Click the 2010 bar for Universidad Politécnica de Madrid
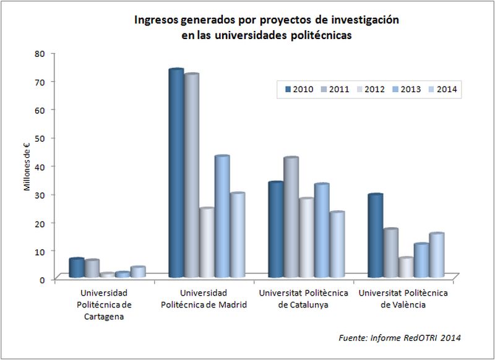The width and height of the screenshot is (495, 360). [176, 173]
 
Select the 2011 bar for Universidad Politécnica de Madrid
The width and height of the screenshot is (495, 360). [191, 176]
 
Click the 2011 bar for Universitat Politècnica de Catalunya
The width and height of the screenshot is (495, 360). [291, 216]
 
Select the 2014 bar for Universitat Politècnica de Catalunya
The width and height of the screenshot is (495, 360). [337, 244]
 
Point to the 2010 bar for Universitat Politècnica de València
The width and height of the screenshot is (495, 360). [375, 236]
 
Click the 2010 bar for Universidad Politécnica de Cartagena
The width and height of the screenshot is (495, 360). [77, 268]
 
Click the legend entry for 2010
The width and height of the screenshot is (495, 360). [298, 90]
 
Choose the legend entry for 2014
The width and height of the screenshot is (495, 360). [442, 90]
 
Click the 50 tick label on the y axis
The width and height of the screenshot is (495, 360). [40, 138]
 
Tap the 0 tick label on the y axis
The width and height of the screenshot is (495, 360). [42, 280]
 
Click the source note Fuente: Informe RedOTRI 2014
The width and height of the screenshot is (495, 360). [400, 338]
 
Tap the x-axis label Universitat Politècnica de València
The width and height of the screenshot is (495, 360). [407, 298]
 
